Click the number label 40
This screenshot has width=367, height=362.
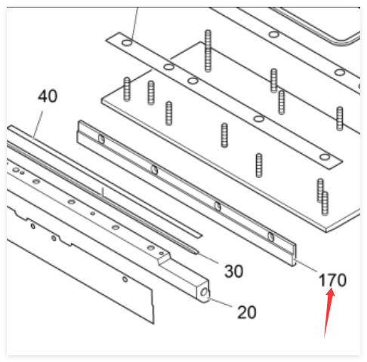(48, 96)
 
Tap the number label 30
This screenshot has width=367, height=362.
(233, 271)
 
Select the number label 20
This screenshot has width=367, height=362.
(247, 312)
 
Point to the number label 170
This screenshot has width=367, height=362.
(332, 281)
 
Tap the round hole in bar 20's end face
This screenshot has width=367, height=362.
(204, 292)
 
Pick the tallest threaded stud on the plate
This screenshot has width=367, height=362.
(208, 51)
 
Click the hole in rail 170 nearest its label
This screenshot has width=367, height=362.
(271, 237)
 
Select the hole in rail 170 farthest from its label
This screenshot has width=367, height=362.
(101, 139)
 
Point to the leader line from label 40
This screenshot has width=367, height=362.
(38, 125)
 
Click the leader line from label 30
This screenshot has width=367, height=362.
(208, 258)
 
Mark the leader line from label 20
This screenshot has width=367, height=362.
(220, 302)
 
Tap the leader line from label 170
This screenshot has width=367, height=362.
(306, 266)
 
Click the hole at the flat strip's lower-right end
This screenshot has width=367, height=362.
(325, 157)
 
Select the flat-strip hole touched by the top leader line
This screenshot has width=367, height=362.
(127, 42)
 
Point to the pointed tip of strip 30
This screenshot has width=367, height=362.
(197, 252)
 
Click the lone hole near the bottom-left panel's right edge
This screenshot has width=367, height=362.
(125, 279)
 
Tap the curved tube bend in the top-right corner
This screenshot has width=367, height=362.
(345, 39)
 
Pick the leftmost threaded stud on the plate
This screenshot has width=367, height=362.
(127, 89)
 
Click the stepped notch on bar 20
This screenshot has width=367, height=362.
(164, 259)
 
